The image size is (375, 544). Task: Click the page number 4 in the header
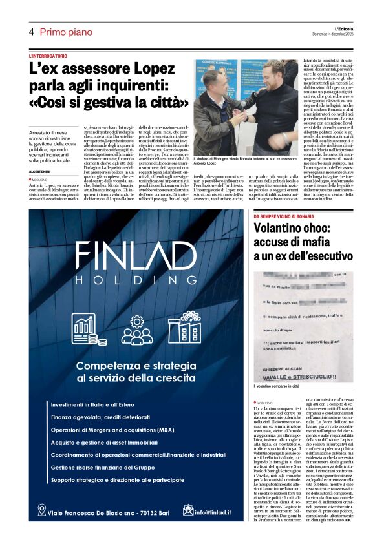(x=31, y=32)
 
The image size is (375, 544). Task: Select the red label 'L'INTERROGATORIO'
(x=48, y=56)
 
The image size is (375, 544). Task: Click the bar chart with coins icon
(x=86, y=330)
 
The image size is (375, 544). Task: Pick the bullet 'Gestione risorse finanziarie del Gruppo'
(x=112, y=466)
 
